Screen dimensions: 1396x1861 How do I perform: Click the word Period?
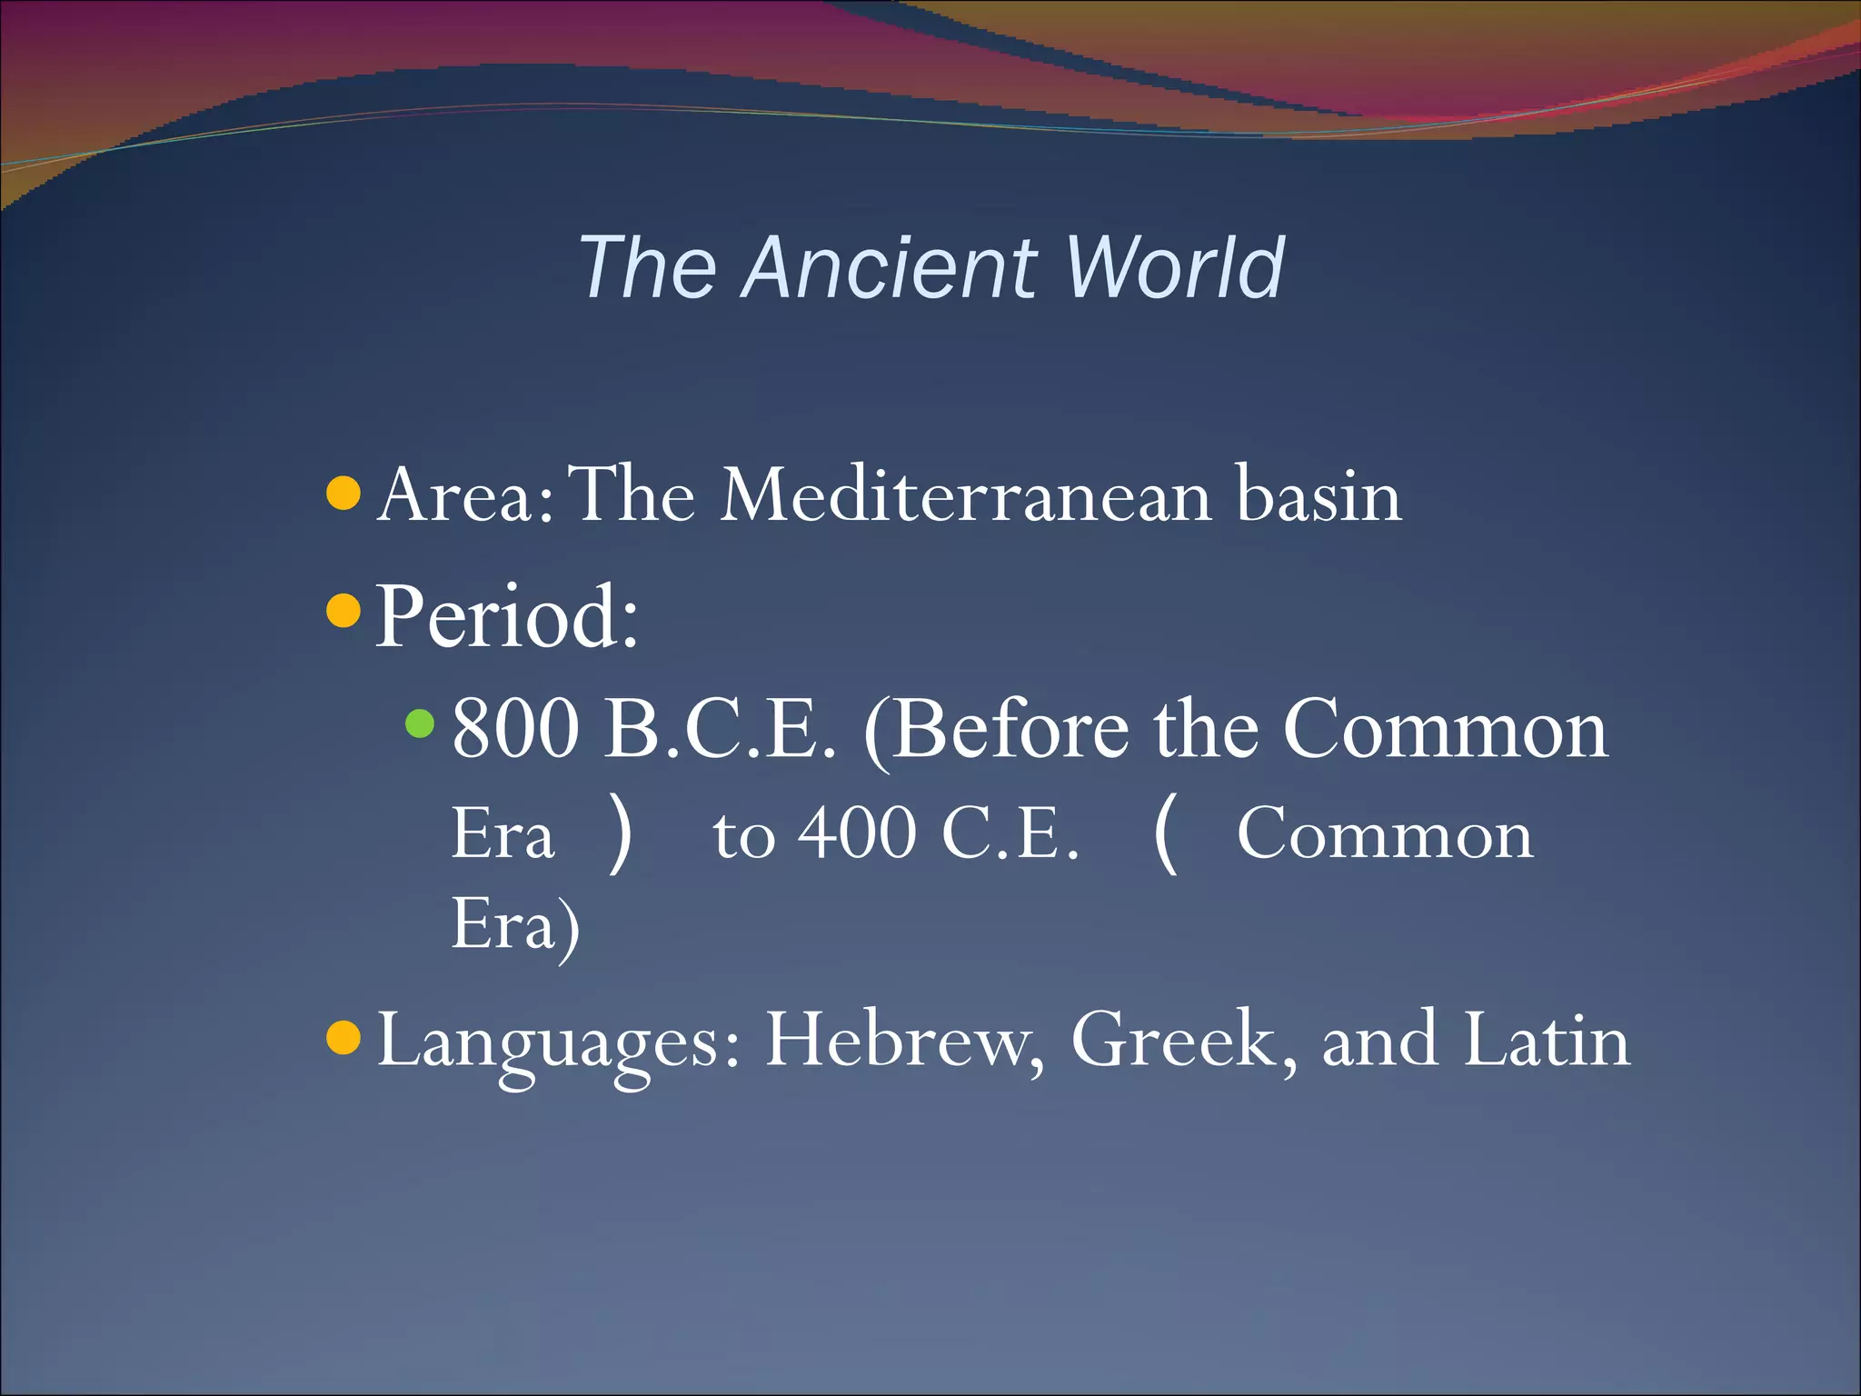pos(507,617)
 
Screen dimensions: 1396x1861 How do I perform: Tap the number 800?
pos(515,730)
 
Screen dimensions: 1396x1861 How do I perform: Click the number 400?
pos(857,833)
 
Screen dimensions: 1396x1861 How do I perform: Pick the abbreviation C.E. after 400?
pos(1010,833)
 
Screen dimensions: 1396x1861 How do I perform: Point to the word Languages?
pos(559,1042)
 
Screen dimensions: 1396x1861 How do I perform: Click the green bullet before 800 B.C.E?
pos(420,724)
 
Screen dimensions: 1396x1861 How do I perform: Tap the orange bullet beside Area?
pos(343,494)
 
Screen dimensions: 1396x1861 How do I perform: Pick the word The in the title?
pos(647,267)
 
